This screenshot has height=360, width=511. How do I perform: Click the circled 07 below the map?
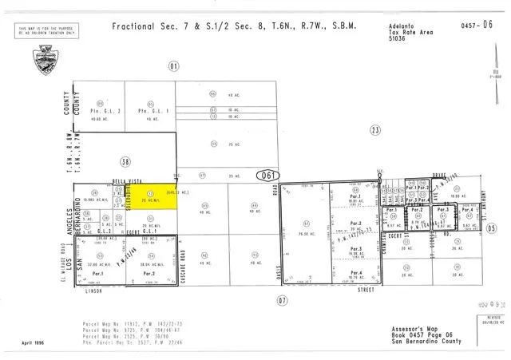click(x=281, y=300)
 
